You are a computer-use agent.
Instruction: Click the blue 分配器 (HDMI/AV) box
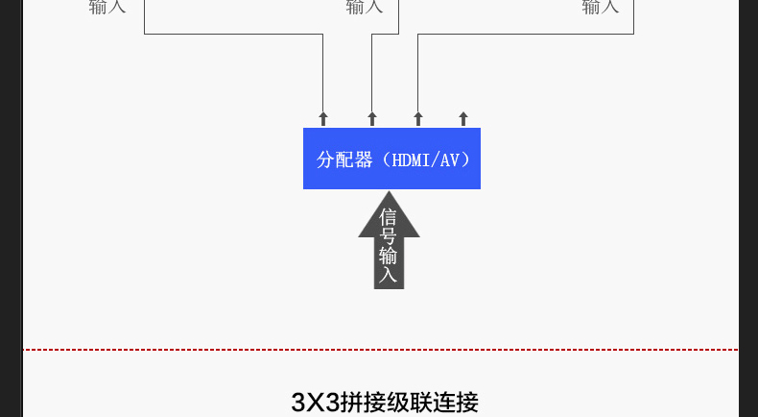click(x=391, y=159)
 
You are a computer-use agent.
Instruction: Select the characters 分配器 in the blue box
click(x=344, y=159)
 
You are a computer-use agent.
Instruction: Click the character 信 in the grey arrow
click(x=389, y=217)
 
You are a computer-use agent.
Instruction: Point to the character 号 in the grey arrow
click(x=389, y=236)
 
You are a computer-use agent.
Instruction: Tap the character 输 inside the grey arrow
click(x=389, y=256)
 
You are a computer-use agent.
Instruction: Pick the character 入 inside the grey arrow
click(x=389, y=275)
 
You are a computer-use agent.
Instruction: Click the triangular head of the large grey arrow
click(x=389, y=215)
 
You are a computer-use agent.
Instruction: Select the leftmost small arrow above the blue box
click(x=323, y=119)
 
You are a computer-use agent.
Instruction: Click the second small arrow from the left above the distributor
click(x=372, y=119)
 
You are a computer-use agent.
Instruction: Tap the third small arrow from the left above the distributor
click(x=418, y=119)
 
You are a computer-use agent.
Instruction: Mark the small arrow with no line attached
click(x=463, y=119)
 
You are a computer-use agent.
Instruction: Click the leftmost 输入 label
click(x=107, y=8)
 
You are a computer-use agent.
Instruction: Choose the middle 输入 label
click(x=365, y=8)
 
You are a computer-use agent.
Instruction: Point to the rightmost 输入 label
click(x=601, y=8)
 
